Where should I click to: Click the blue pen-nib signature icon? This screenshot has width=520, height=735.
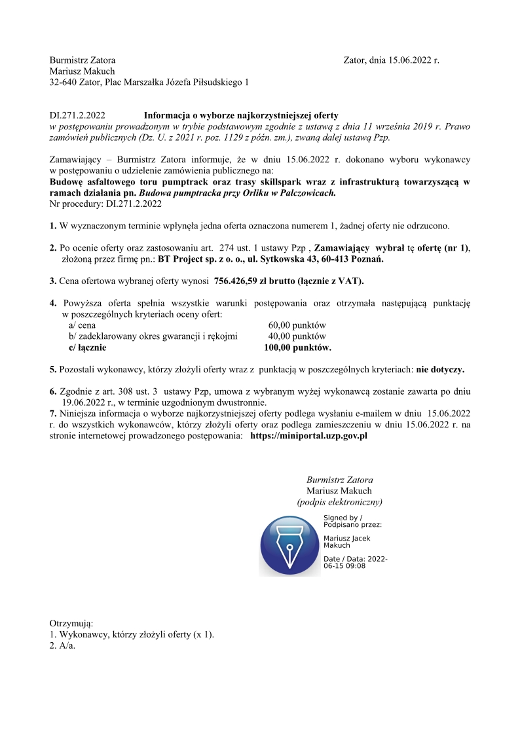pyautogui.click(x=289, y=545)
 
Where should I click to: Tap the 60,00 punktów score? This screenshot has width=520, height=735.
pyautogui.click(x=297, y=325)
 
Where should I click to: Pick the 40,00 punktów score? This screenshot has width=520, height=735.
pyautogui.click(x=297, y=336)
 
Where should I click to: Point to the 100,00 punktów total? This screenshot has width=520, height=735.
pyautogui.click(x=297, y=348)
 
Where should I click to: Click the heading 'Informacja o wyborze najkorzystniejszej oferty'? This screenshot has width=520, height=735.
pyautogui.click(x=241, y=115)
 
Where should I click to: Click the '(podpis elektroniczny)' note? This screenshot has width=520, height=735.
pyautogui.click(x=339, y=502)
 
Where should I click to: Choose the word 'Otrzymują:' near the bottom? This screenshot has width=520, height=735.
pyautogui.click(x=71, y=623)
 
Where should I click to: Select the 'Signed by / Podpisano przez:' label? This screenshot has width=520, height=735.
pyautogui.click(x=352, y=521)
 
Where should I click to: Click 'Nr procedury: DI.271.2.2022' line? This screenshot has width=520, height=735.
pyautogui.click(x=105, y=204)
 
